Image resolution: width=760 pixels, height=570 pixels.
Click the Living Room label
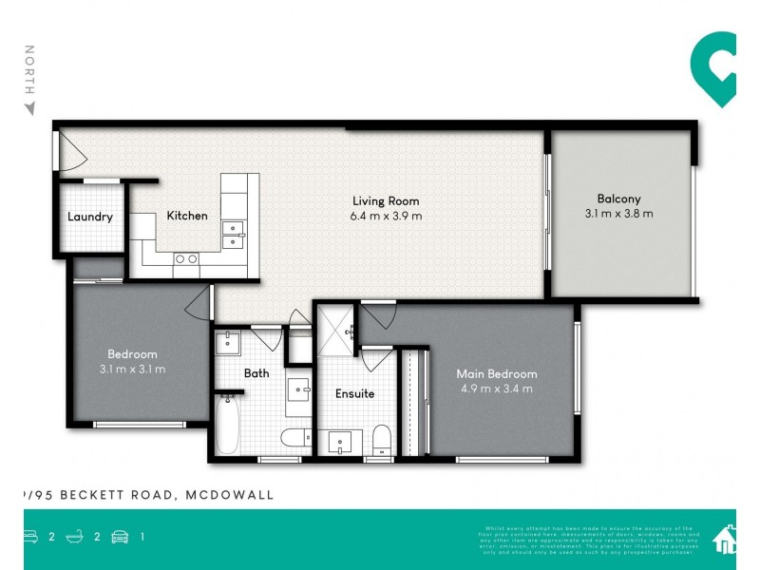(386, 200)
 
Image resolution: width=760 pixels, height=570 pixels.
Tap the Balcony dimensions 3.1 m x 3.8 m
(618, 214)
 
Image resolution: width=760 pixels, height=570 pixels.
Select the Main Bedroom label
(496, 373)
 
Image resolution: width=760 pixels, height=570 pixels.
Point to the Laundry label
(90, 217)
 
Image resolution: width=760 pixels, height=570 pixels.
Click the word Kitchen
(187, 216)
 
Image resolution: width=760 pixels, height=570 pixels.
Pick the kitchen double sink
(232, 235)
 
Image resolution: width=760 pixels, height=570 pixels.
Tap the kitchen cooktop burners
(186, 258)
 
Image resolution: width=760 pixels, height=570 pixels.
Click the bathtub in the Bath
(227, 426)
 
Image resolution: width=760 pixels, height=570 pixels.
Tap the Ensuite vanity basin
(339, 442)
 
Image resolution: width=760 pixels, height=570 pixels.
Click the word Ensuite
(354, 393)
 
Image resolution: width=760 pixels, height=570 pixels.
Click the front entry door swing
(66, 152)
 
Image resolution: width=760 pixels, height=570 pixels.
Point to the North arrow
(29, 106)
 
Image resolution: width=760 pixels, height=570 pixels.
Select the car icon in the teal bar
(121, 537)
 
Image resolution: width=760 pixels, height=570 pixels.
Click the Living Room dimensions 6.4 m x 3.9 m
(386, 216)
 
